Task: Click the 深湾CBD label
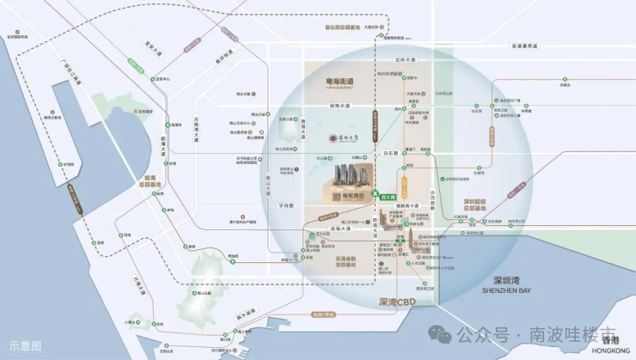396,302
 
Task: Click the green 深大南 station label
388,196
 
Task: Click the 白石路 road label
392,152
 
